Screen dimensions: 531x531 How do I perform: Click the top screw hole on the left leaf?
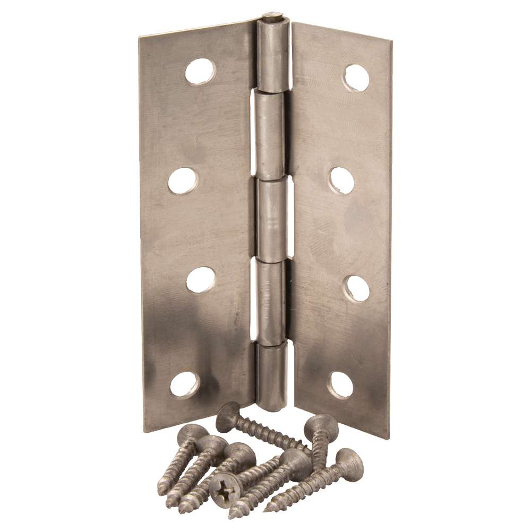tap(200, 72)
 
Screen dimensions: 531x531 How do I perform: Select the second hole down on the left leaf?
tap(183, 181)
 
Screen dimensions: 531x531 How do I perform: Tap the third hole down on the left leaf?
tap(200, 279)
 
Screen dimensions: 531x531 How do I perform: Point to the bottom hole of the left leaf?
tap(185, 384)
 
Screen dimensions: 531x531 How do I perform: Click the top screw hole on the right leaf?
tap(356, 78)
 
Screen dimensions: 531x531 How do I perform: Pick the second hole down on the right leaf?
tap(342, 181)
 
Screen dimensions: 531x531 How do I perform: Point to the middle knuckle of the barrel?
tap(274, 218)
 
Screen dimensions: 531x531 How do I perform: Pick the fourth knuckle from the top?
tap(270, 300)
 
